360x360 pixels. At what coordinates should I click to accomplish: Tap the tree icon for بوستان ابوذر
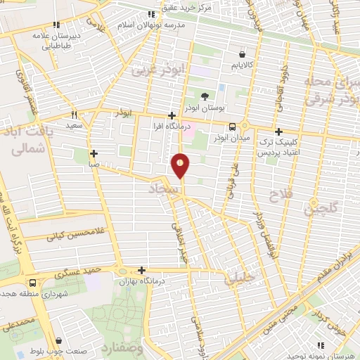(x=204, y=96)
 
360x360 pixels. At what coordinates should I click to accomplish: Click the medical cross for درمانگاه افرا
(x=172, y=115)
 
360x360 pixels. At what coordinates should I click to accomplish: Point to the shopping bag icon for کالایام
(x=243, y=53)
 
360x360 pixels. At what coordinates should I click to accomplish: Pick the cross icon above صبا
(x=94, y=153)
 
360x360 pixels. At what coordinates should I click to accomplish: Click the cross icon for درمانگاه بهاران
(x=142, y=270)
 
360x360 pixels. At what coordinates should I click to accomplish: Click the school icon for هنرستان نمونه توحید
(x=321, y=345)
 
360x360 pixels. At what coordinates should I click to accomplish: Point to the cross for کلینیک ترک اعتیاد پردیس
(x=279, y=131)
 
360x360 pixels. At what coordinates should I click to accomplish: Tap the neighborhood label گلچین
(x=321, y=208)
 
